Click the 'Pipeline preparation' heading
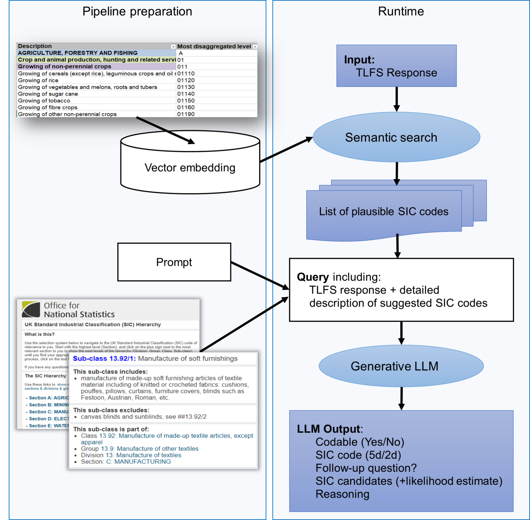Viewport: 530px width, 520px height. click(137, 12)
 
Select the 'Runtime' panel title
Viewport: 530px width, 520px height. click(401, 12)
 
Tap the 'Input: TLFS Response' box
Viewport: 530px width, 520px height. click(396, 66)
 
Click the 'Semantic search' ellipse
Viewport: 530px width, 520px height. click(396, 137)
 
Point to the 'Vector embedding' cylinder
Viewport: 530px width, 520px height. click(190, 168)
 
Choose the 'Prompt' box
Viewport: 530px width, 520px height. click(174, 262)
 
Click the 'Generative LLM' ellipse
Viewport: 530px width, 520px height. click(401, 366)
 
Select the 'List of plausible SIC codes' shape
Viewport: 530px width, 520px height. click(383, 212)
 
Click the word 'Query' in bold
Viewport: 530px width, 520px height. click(313, 277)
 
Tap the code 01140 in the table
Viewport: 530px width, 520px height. click(186, 94)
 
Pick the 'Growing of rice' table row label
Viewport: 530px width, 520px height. click(38, 80)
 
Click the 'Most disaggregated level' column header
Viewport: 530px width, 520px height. click(214, 47)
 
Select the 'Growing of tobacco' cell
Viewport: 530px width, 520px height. click(44, 101)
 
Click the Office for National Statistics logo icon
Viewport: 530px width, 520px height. click(31, 309)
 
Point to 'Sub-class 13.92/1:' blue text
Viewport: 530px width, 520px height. click(104, 359)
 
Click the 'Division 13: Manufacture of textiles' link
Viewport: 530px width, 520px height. click(131, 455)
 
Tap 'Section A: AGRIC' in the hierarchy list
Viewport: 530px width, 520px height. click(49, 398)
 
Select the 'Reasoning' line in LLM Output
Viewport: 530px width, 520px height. click(342, 494)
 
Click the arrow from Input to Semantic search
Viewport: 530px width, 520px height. click(396, 99)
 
